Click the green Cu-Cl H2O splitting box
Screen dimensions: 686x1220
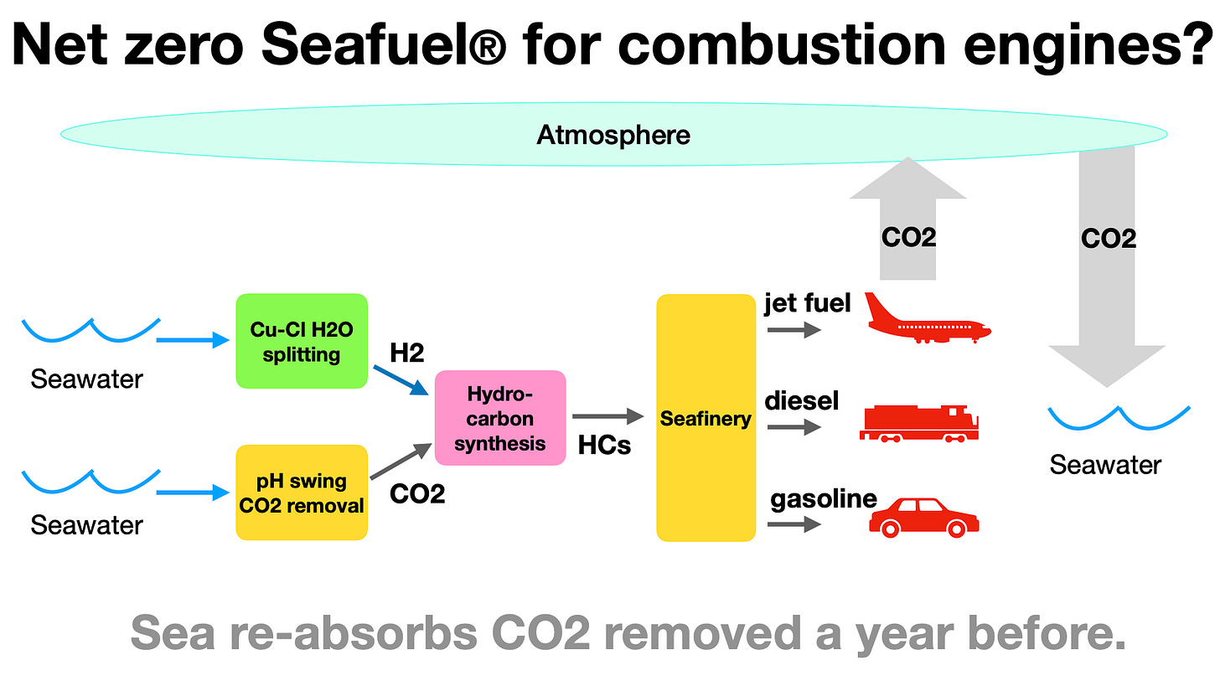tap(302, 341)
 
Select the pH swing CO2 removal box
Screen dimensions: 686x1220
tap(302, 493)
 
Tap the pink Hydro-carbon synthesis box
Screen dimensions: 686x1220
tap(500, 418)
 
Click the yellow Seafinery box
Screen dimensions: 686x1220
tap(706, 418)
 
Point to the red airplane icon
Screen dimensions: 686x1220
tap(926, 318)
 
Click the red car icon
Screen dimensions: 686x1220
tap(923, 517)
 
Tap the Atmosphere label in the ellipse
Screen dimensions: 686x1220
tap(613, 135)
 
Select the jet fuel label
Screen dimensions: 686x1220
tap(807, 302)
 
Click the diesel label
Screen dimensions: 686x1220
tap(801, 400)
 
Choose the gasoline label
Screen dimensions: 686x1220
tap(823, 499)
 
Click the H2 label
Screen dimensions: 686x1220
tap(407, 353)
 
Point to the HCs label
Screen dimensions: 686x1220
tap(604, 446)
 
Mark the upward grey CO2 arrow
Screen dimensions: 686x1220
tap(908, 218)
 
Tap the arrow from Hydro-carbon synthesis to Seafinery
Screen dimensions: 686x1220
tap(607, 416)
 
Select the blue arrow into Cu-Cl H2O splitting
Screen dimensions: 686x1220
tap(193, 340)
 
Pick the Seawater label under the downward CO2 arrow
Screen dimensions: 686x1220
tap(1105, 464)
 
